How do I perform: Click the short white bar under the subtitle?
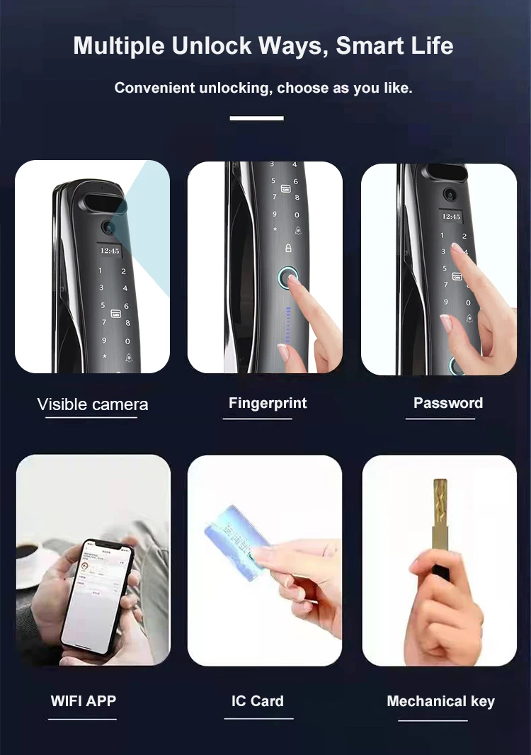point(256,118)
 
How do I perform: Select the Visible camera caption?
point(93,404)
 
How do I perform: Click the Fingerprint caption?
point(268,403)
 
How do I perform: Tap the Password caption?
point(447,403)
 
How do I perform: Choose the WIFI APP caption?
point(84,701)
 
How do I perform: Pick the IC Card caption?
point(257,701)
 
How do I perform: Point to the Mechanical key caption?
point(440,701)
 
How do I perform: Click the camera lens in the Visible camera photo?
point(108,227)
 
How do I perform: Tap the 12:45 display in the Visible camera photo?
point(110,250)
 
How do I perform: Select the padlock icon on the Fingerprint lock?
point(288,247)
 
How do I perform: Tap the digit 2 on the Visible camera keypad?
point(123,271)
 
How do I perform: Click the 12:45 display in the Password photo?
point(451,216)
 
